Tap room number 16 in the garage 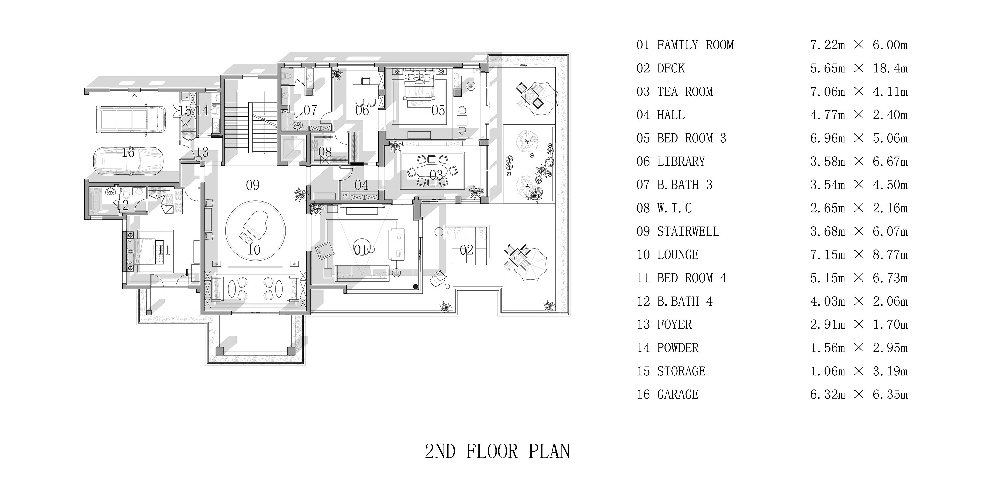click(x=128, y=152)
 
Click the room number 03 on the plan click(x=436, y=175)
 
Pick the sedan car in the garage click(x=128, y=161)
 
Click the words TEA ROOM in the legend click(x=685, y=92)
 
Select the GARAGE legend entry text click(x=677, y=394)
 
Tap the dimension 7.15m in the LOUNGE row click(x=827, y=255)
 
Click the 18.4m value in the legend click(x=890, y=69)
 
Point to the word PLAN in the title click(x=549, y=452)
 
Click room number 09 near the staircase click(x=253, y=185)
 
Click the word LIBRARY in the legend click(x=681, y=162)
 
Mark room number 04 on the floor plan click(x=361, y=185)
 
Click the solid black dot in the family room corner click(x=416, y=286)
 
